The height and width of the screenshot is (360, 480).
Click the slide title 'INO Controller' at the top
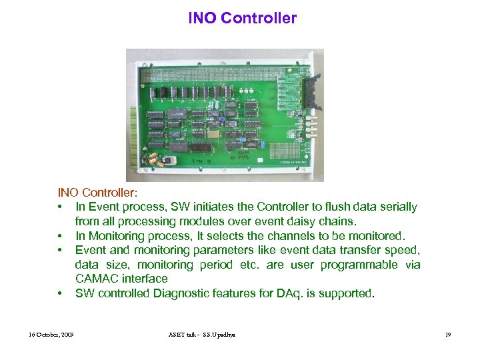(242, 18)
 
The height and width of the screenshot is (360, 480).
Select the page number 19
(448, 333)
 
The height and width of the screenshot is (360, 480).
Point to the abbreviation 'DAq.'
(289, 293)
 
